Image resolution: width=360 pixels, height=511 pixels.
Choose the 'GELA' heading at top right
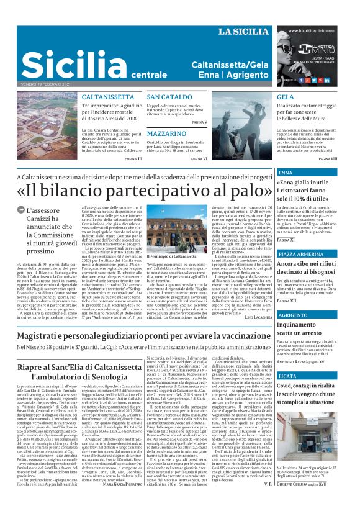pyautogui.click(x=286, y=97)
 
